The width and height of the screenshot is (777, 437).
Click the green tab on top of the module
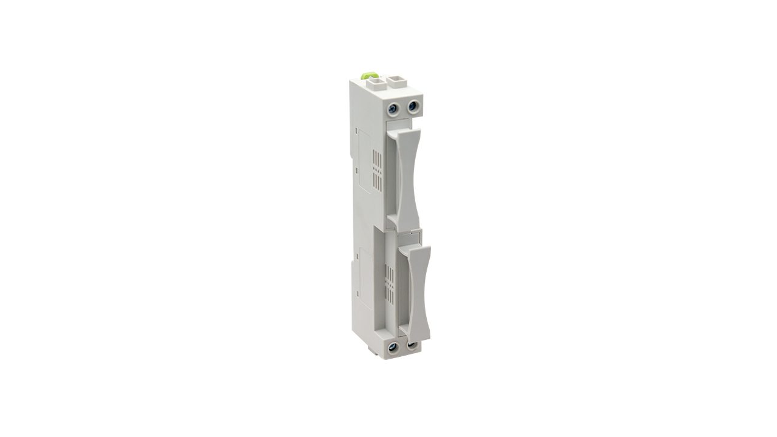(366, 76)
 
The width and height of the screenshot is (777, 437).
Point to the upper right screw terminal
(413, 107)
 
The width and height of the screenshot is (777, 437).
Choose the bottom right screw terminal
(412, 346)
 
